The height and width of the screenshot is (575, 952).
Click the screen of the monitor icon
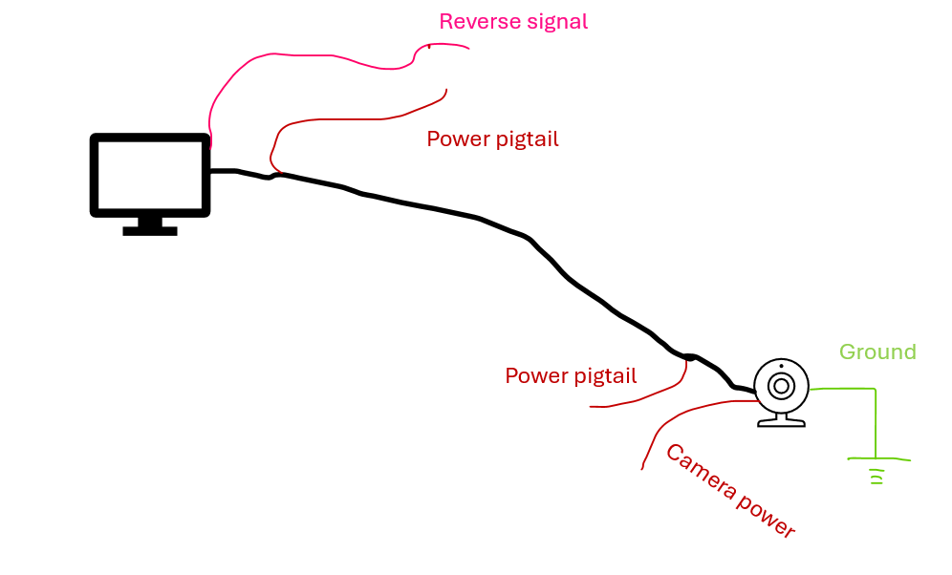pyautogui.click(x=150, y=175)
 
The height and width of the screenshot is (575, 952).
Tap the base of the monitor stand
pyautogui.click(x=150, y=230)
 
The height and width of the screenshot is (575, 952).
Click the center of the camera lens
pyautogui.click(x=781, y=385)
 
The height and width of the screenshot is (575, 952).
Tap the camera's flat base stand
pyautogui.click(x=781, y=421)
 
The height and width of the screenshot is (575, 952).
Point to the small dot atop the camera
pyautogui.click(x=781, y=367)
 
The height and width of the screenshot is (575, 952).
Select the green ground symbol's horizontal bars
pyautogui.click(x=876, y=471)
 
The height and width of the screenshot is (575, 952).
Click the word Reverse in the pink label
pyautogui.click(x=480, y=21)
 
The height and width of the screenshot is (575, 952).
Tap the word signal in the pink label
pyautogui.click(x=557, y=21)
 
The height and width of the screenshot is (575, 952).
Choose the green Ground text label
pyautogui.click(x=877, y=351)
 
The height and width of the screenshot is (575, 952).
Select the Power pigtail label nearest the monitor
pyautogui.click(x=492, y=138)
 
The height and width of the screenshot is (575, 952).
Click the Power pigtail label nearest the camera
pyautogui.click(x=571, y=375)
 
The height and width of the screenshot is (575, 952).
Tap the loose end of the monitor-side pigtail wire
pyautogui.click(x=446, y=90)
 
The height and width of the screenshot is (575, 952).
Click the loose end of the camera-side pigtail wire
pyautogui.click(x=592, y=406)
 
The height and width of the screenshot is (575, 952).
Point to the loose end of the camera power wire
pyautogui.click(x=641, y=469)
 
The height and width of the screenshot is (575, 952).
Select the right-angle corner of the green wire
pyautogui.click(x=875, y=389)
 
